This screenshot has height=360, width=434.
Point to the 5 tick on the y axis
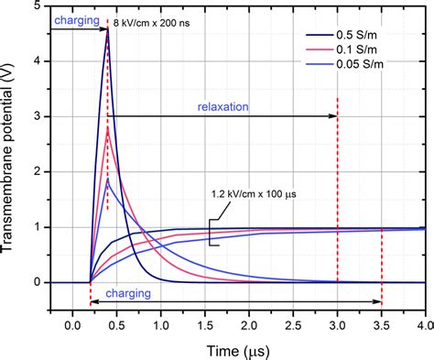50,6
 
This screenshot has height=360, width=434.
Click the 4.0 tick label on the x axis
424,326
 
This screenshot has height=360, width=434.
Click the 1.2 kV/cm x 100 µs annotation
255,195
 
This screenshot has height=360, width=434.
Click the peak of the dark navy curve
107,29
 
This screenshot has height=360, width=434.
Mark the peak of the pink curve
108,128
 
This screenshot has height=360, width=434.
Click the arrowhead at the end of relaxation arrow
333,116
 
